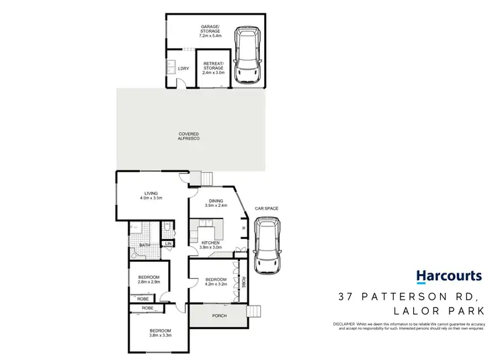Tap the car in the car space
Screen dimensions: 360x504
(267, 244)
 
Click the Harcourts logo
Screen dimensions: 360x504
(448, 276)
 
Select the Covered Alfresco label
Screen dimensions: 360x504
(189, 136)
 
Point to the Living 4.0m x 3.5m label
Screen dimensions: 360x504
(151, 196)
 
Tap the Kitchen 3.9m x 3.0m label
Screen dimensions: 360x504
(210, 245)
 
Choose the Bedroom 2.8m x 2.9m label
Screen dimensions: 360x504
(149, 279)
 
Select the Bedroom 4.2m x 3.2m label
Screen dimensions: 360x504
(215, 281)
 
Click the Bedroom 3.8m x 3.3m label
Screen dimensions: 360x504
(160, 333)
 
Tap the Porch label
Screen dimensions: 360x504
(219, 315)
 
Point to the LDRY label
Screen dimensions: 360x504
(183, 69)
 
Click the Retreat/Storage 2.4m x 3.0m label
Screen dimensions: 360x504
(214, 70)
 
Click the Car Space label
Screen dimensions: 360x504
(266, 209)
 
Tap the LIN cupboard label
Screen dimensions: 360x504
(169, 244)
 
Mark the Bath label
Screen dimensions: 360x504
(144, 245)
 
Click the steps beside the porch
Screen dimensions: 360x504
(255, 312)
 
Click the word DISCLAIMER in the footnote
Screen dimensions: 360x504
(343, 324)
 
